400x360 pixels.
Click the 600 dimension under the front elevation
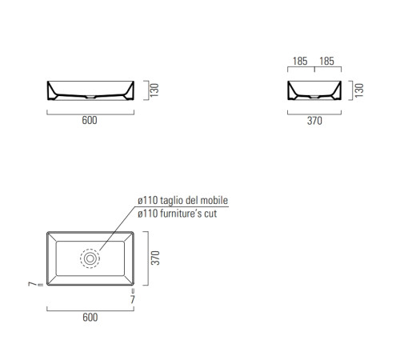90,121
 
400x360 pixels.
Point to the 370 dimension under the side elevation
314,121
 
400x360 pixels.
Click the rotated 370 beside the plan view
158,257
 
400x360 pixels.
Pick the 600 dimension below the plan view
90,318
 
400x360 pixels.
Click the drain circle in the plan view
90,258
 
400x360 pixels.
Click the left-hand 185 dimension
300,61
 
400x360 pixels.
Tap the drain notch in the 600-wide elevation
90,98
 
